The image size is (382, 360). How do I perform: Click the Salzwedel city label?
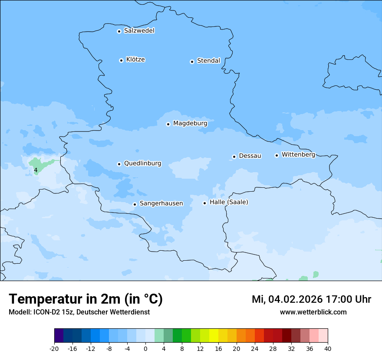tap(139, 31)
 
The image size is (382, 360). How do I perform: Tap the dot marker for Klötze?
tap(121, 60)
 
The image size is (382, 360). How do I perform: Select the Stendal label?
tap(208, 61)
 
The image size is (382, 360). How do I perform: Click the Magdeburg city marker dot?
tap(168, 124)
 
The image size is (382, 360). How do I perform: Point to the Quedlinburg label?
tap(142, 164)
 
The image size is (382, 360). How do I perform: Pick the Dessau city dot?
tap(234, 157)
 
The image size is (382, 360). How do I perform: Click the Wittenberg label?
tap(298, 154)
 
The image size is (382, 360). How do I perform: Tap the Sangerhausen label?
tap(161, 203)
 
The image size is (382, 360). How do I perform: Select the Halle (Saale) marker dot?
tap(204, 203)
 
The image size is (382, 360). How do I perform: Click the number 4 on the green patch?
tap(36, 170)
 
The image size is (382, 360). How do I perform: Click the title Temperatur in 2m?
tap(86, 299)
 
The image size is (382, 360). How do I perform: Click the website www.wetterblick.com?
tap(313, 312)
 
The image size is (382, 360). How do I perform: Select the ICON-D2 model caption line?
tap(79, 312)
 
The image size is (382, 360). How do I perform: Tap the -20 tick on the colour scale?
tap(54, 348)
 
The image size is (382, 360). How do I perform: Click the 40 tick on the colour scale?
tap(328, 348)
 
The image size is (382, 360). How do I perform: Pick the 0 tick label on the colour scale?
tap(145, 348)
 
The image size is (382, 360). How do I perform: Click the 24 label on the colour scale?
tap(255, 348)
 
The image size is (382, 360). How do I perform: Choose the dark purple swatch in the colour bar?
tap(59, 336)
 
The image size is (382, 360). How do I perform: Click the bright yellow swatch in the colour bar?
tap(214, 336)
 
